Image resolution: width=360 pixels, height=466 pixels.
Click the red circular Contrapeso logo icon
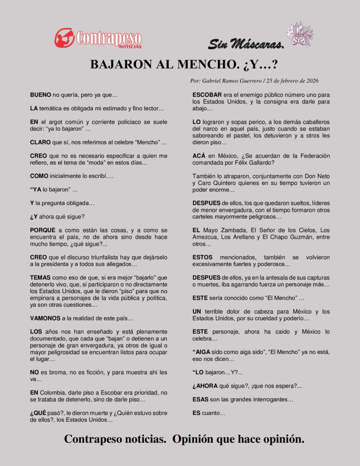65,38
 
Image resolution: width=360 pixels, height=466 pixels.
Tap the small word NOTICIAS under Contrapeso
130,46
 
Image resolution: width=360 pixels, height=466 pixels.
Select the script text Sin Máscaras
246,44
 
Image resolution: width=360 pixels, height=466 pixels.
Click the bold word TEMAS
41,277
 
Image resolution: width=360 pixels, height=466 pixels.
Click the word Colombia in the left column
54,392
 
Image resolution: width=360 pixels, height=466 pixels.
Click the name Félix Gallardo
249,162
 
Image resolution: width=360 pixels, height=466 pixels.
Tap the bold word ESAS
201,400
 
